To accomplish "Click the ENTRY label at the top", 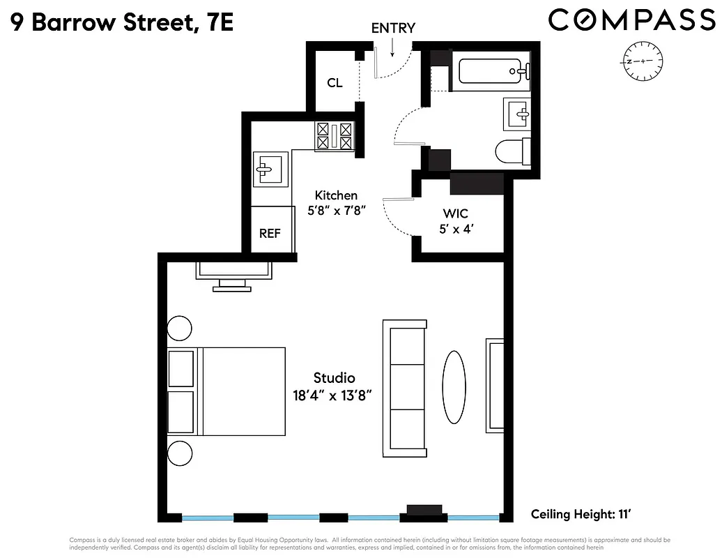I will click(393, 28).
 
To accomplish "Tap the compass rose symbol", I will click(643, 61).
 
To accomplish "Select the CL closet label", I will click(335, 83).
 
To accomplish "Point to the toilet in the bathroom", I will click(512, 151).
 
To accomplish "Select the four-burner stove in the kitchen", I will click(335, 135).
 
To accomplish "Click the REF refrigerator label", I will click(270, 234).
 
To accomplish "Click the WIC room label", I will click(455, 213).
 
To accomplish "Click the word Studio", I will click(335, 378).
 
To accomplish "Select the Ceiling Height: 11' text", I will click(581, 515).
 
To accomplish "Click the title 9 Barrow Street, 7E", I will click(122, 23).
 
